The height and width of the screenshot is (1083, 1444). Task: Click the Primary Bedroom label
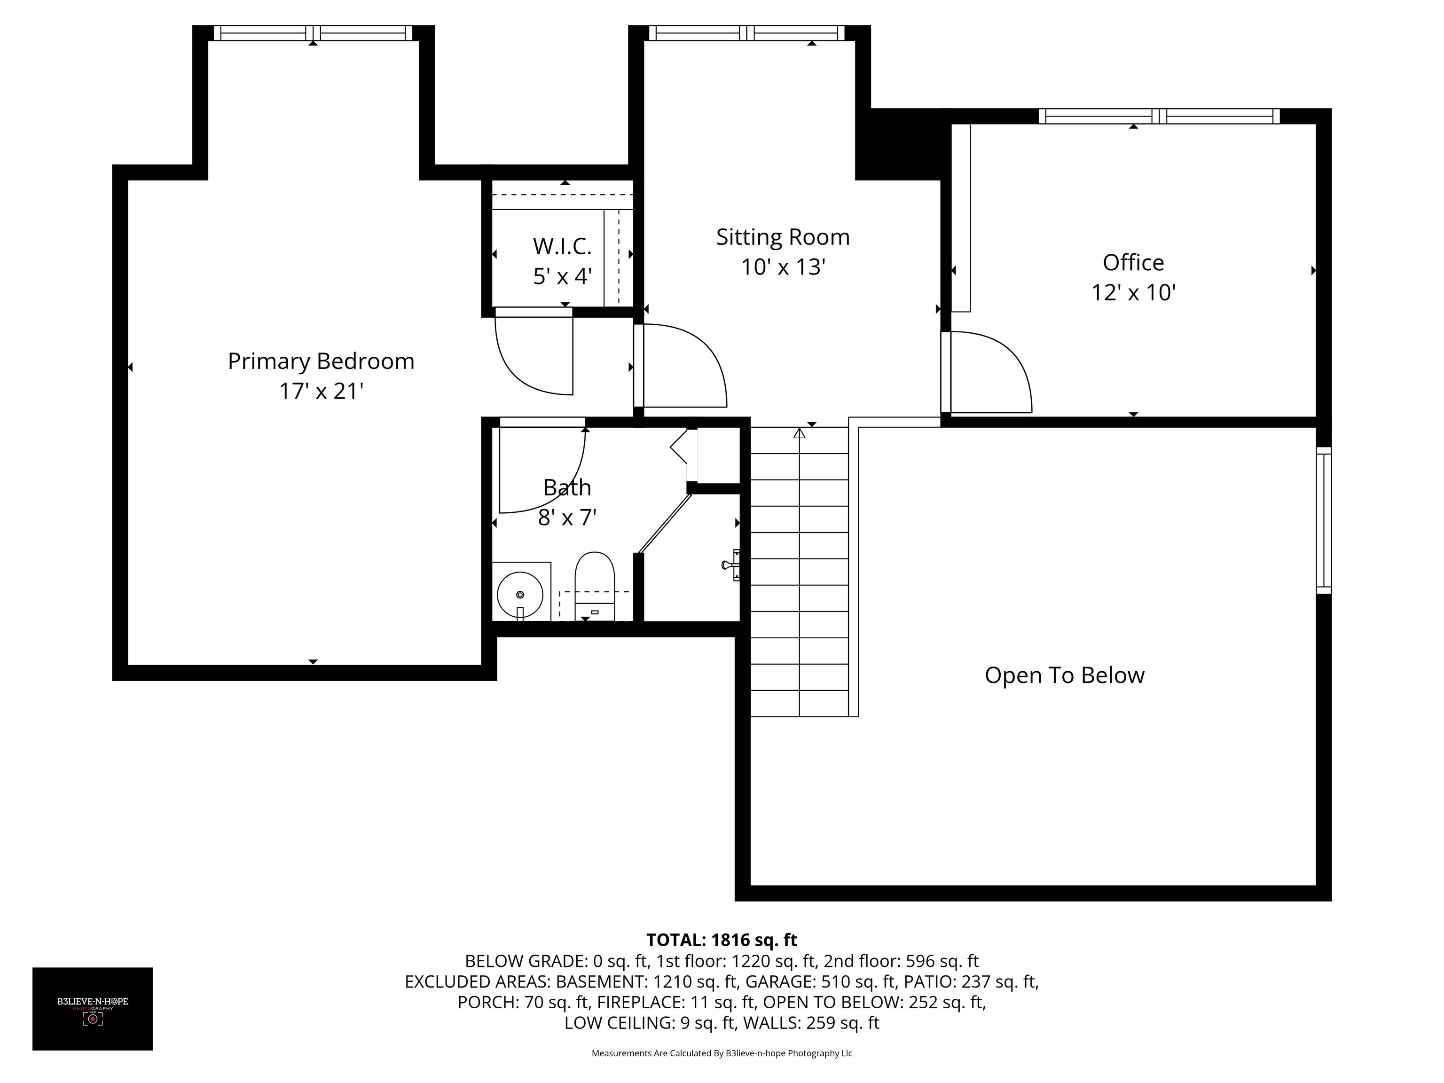pos(321,361)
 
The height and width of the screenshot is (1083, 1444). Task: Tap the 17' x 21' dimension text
pos(321,391)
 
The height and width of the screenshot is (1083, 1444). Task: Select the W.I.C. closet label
pos(562,247)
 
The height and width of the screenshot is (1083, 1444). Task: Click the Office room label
pos(1133,262)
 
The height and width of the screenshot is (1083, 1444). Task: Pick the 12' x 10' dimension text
pos(1133,292)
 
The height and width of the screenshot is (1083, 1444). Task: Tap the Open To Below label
pos(1064,675)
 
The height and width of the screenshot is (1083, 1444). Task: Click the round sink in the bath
pos(520,595)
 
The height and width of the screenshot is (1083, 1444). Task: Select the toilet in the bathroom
pos(595,586)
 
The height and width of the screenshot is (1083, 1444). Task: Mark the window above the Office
pos(1159,116)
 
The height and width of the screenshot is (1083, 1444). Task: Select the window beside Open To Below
pos(1323,520)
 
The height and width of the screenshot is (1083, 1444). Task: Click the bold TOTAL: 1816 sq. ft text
pos(722,940)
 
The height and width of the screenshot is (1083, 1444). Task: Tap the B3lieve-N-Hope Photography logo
pos(93,1009)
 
